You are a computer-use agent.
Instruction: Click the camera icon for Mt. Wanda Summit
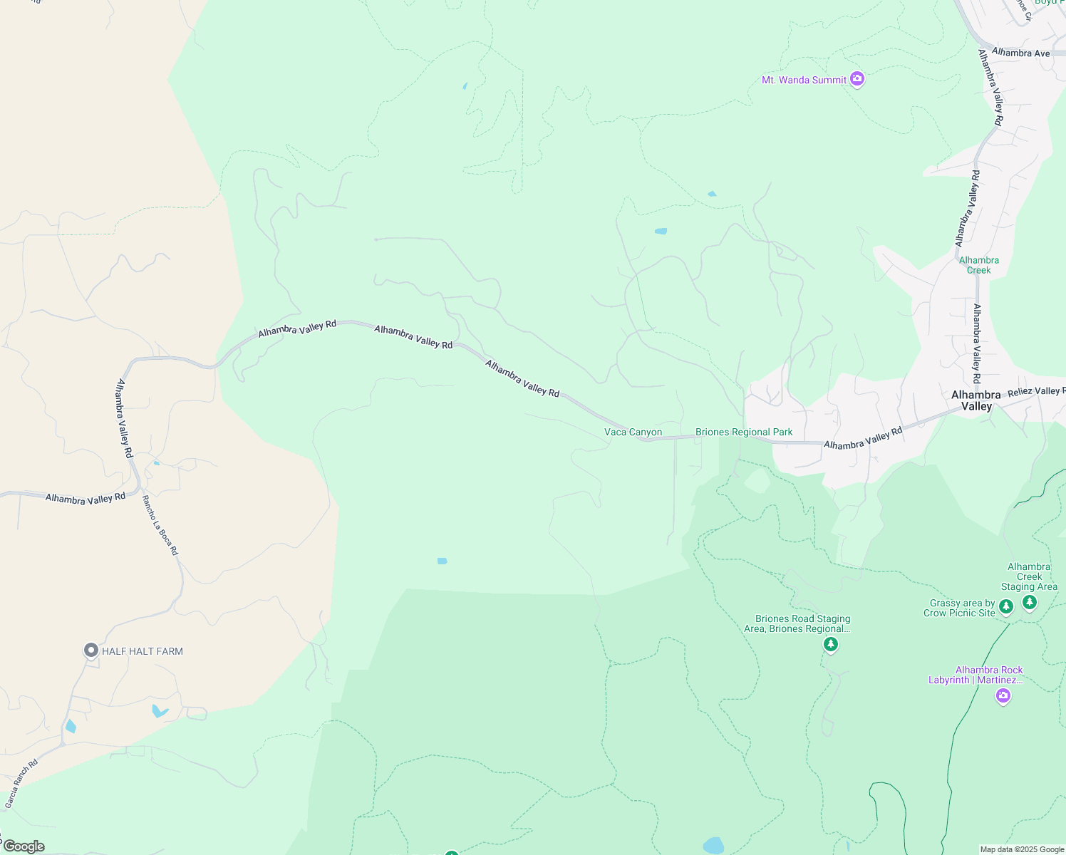(857, 79)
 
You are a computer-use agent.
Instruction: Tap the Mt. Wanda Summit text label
(804, 80)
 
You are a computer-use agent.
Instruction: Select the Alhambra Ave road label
(1020, 53)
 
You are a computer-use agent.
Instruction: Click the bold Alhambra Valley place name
(976, 400)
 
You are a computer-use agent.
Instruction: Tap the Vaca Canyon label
(633, 432)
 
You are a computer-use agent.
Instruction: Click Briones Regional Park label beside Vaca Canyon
(744, 432)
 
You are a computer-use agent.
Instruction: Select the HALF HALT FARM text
(143, 651)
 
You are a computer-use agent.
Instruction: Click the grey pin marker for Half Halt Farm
(90, 650)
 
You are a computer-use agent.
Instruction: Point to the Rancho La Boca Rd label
(160, 525)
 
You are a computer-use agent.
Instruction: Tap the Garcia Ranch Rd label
(21, 784)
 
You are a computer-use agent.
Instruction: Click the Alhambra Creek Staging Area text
(1029, 576)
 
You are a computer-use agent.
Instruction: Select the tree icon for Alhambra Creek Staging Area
(1029, 603)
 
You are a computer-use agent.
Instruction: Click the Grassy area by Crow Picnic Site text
(961, 608)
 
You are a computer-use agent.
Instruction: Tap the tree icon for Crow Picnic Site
(1005, 606)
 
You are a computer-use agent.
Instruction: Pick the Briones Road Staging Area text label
(802, 623)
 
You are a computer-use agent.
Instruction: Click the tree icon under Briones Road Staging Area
(830, 645)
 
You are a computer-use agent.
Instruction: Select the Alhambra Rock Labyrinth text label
(976, 675)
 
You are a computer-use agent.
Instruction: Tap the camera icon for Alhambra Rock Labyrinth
(1003, 695)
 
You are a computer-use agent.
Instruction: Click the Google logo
(24, 846)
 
